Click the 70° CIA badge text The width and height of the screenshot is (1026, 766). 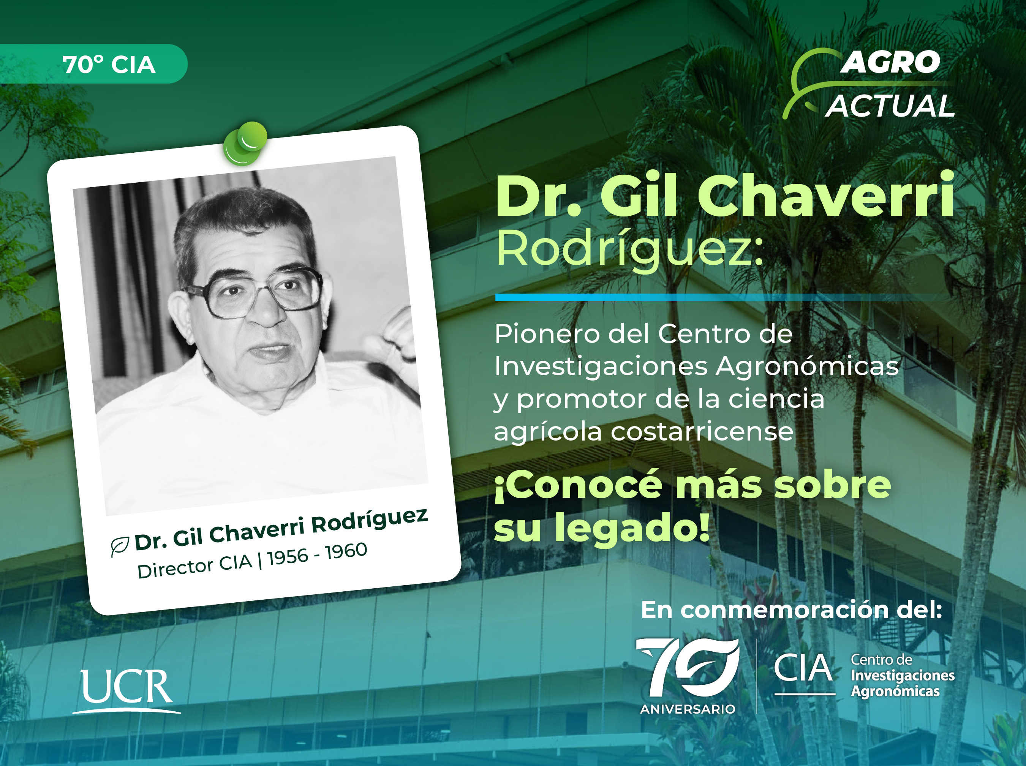109,65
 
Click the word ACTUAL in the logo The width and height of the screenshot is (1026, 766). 890,106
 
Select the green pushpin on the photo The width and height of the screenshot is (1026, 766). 245,143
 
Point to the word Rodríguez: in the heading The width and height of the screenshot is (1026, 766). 629,250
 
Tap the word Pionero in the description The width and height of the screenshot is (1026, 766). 547,333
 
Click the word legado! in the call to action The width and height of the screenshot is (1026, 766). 632,528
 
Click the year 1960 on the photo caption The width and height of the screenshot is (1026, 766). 346,551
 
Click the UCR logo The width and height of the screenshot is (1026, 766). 126,691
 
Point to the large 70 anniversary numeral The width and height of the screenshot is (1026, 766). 688,667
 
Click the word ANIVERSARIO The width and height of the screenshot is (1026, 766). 688,709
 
